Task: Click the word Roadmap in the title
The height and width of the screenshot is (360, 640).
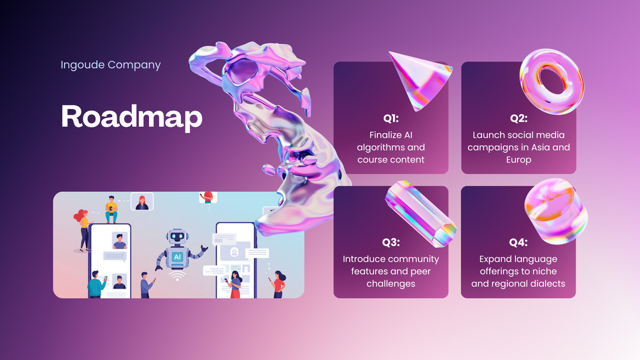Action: [x=131, y=117]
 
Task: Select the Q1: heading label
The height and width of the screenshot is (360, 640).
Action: [x=390, y=119]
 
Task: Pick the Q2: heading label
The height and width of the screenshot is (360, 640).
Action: [x=518, y=119]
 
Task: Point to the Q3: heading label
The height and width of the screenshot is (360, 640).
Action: [x=390, y=243]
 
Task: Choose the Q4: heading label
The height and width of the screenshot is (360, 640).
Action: [x=518, y=243]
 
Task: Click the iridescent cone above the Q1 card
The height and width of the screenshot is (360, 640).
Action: [x=420, y=80]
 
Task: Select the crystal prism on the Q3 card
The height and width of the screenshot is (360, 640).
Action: [x=420, y=213]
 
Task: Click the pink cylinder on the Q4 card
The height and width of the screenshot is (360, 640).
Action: [x=556, y=211]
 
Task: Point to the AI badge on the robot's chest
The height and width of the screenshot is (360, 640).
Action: [x=177, y=257]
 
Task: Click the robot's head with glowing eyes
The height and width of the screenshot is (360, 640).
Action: [x=177, y=237]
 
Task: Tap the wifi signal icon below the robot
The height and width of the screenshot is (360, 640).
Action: [x=177, y=276]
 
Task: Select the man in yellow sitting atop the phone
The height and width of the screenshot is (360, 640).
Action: [x=111, y=210]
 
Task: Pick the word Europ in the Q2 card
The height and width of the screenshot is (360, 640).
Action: [x=518, y=160]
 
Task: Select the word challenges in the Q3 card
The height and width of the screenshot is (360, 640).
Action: [x=390, y=284]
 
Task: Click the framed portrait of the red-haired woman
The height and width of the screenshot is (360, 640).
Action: [x=142, y=201]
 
